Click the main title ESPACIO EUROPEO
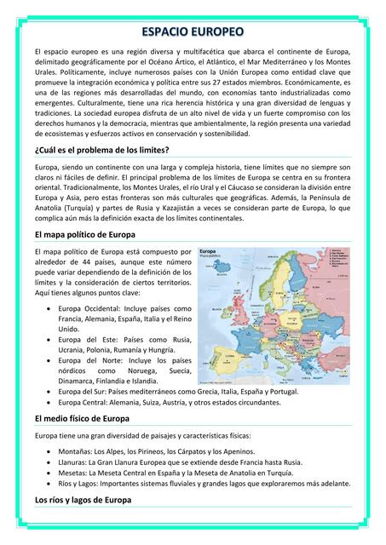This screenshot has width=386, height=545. point(193,32)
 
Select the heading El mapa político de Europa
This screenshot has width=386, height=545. point(85,233)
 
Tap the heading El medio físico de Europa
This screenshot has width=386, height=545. point(82,419)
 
